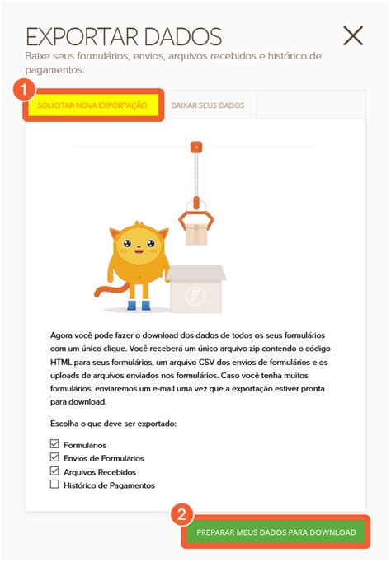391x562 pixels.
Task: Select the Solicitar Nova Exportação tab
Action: click(92, 105)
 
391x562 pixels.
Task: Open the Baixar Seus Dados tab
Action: click(208, 105)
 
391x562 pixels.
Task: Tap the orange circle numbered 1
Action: click(26, 88)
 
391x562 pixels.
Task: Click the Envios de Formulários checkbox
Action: click(55, 458)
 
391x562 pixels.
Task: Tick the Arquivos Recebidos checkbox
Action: click(55, 471)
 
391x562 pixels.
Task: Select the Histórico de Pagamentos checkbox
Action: click(55, 485)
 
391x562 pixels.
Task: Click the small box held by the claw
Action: click(196, 234)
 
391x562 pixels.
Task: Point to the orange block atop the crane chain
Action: click(195, 148)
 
